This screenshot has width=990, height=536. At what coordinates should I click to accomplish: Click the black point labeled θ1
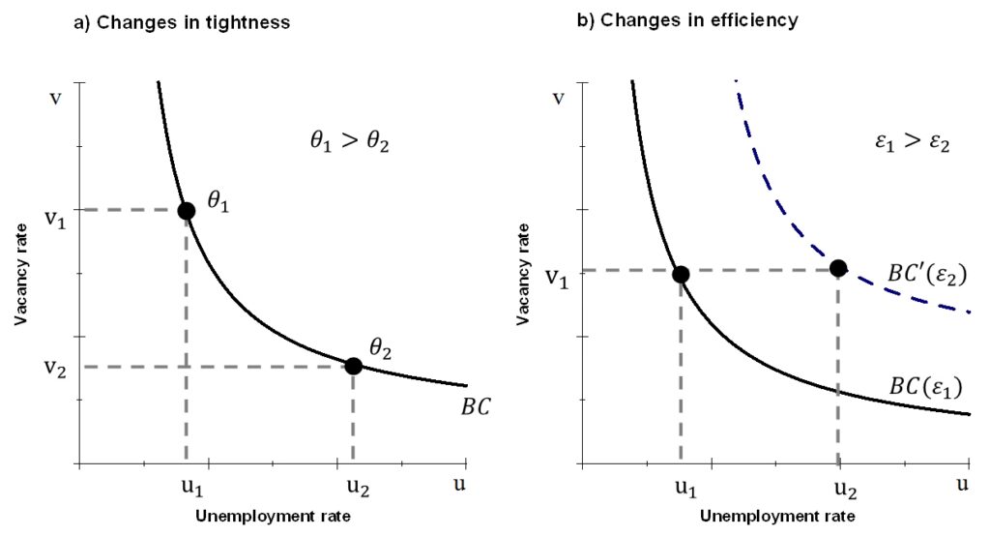coord(187,210)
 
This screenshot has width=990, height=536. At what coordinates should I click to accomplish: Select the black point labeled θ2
coord(353,366)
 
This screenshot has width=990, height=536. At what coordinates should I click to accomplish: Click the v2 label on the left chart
coord(55,368)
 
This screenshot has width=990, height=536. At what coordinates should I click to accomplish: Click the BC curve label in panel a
coord(475,406)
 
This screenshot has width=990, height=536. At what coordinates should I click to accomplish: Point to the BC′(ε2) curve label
coord(927,274)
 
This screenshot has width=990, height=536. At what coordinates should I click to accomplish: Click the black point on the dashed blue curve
coord(838,268)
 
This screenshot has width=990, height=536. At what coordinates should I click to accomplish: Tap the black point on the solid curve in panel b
coord(681,274)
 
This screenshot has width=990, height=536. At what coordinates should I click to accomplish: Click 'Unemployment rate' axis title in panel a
coord(273,517)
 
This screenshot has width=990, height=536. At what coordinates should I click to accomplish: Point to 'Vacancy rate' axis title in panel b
coord(524,274)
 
